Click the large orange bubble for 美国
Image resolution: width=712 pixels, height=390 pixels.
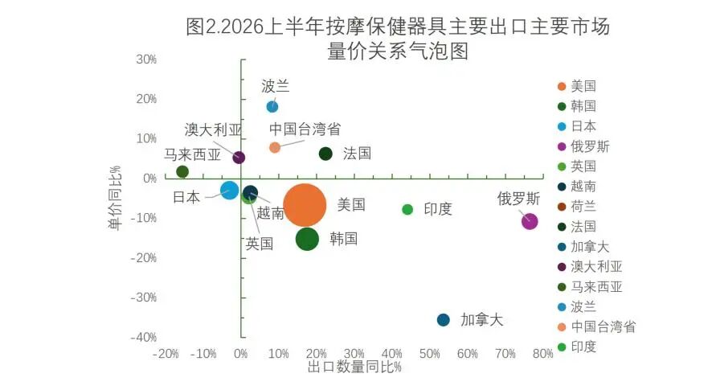point(305,205)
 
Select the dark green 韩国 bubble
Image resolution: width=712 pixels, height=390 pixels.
point(308,239)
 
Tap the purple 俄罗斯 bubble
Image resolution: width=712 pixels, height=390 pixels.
point(530,222)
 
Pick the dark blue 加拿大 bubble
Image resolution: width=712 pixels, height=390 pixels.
point(443,320)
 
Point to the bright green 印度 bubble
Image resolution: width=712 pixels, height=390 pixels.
point(407,210)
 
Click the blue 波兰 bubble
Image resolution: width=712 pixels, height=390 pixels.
point(272,107)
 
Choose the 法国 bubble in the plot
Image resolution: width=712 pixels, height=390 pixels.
point(325,154)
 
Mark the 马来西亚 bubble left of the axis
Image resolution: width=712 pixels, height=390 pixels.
point(182,172)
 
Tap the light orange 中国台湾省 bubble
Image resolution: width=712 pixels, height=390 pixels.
point(275,147)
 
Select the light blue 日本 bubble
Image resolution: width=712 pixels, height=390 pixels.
point(230,190)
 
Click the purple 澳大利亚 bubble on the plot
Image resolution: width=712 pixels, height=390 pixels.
point(239,158)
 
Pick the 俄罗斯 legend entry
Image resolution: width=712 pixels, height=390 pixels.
point(583,146)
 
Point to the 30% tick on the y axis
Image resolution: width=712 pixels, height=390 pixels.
point(146,60)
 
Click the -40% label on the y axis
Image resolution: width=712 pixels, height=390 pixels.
point(144,338)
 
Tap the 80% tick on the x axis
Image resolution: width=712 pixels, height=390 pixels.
point(542,354)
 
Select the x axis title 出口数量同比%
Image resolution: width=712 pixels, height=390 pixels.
point(354,367)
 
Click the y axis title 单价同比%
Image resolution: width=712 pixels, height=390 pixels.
point(116,197)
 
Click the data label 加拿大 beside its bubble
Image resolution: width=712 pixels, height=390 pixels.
point(482,320)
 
